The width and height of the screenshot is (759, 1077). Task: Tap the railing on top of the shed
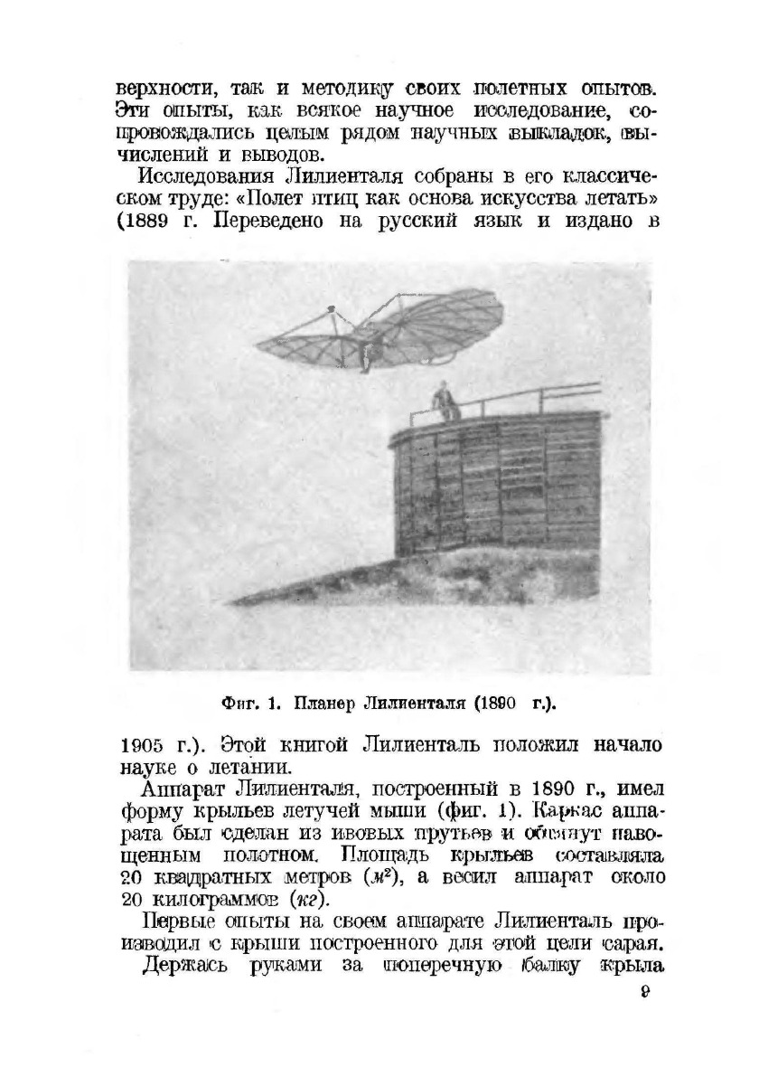[x=524, y=398]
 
